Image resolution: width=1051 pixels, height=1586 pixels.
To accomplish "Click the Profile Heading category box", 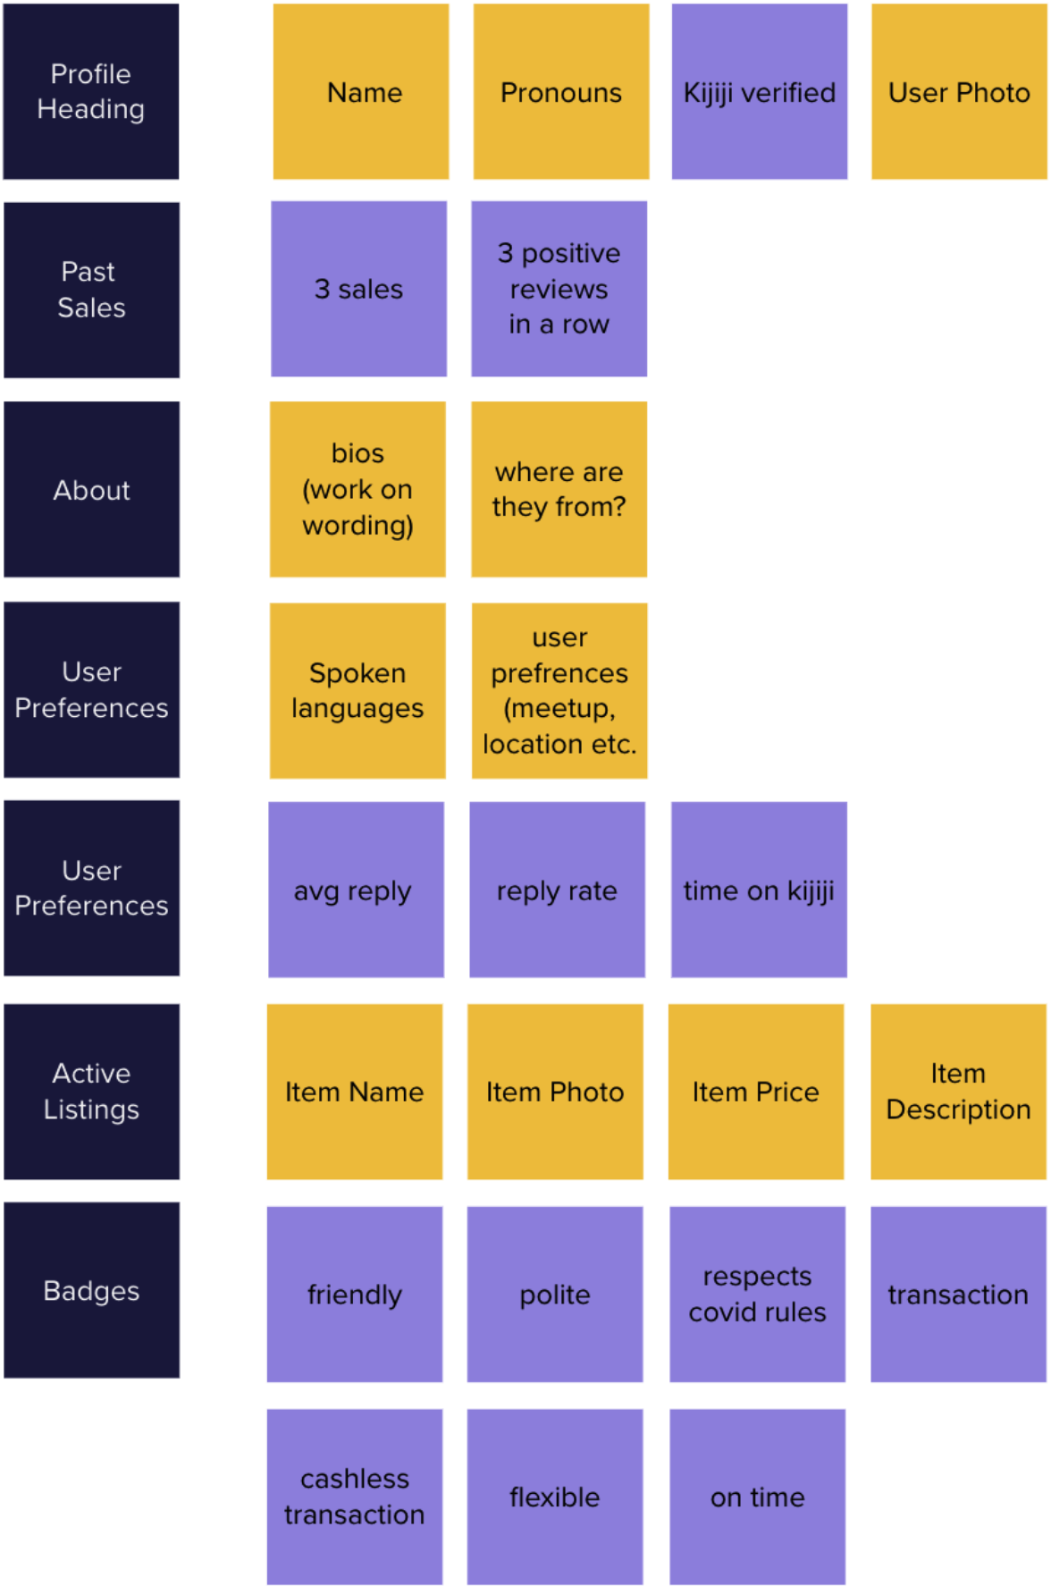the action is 91,91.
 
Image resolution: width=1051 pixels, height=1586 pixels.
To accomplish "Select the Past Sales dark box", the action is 91,290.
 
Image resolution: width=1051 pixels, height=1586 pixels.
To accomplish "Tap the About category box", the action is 91,489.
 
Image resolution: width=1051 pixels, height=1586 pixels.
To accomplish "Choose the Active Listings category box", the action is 91,1091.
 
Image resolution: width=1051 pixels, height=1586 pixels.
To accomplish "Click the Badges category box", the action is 91,1290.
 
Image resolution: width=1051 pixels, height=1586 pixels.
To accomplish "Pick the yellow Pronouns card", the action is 561,91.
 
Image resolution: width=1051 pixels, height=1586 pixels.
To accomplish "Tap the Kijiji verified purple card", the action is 760,91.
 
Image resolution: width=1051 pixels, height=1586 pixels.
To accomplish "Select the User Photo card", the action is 959,91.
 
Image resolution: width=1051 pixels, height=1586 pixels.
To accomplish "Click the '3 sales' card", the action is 358,289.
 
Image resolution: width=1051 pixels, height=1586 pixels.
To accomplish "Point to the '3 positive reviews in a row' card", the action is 559,289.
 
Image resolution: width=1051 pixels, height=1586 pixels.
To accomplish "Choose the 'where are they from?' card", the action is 559,489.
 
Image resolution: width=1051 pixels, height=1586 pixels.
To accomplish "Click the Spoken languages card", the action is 357,690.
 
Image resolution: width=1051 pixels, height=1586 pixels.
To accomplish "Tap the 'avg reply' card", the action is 356,890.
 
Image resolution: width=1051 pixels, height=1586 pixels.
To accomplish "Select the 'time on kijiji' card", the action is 759,890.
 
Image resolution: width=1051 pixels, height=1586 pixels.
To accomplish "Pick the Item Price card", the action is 756,1092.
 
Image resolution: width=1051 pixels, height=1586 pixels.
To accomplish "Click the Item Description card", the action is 958,1092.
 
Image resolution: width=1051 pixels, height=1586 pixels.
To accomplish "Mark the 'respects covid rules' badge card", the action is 757,1294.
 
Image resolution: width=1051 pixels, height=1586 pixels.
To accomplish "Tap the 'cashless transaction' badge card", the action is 355,1497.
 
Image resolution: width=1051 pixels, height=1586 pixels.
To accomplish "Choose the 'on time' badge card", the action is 757,1497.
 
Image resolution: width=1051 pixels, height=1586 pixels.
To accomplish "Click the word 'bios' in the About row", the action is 357,453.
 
